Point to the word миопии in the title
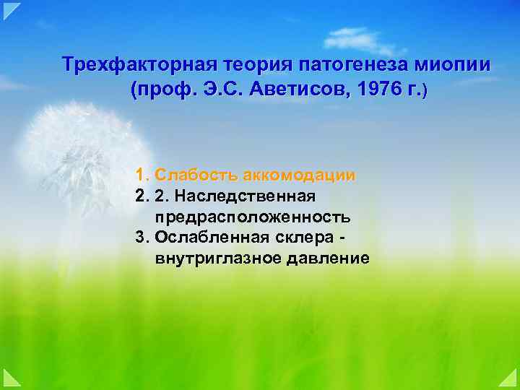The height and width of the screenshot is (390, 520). tap(452, 65)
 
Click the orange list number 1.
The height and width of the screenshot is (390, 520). tap(141, 175)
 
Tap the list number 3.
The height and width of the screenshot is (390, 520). tap(141, 238)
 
